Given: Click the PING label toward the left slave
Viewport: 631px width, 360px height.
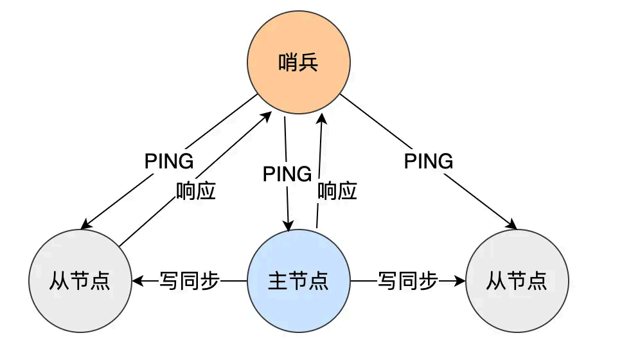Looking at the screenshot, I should click(x=169, y=161).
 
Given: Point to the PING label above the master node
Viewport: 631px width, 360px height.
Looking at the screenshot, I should click(x=287, y=174).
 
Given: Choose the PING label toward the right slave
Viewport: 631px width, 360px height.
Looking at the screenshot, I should click(x=429, y=161).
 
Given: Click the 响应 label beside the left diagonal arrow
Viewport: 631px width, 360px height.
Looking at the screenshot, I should click(x=196, y=191).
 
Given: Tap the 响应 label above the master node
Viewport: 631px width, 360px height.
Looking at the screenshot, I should click(x=337, y=191).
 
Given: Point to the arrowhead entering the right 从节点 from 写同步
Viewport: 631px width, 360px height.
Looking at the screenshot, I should click(x=460, y=281).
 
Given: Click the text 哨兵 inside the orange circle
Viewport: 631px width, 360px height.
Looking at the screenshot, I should click(x=299, y=63).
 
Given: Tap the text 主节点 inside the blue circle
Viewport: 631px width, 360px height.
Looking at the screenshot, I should click(x=299, y=281).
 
